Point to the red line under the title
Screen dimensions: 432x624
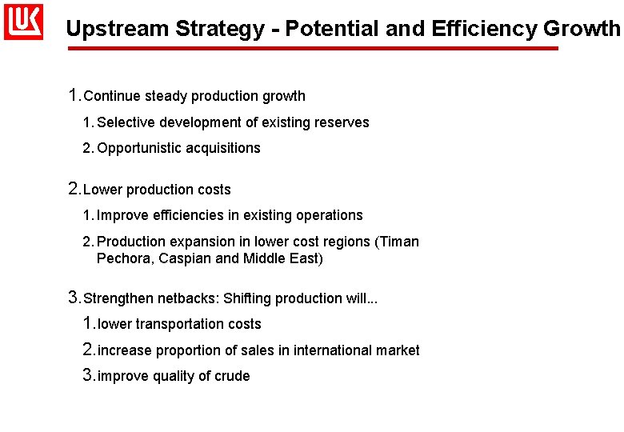coord(312,49)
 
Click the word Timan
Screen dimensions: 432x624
coord(400,242)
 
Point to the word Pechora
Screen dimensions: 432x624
coord(125,258)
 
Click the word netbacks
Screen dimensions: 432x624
coord(186,298)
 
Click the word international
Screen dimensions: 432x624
coord(333,350)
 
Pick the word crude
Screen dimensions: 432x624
coord(231,376)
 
